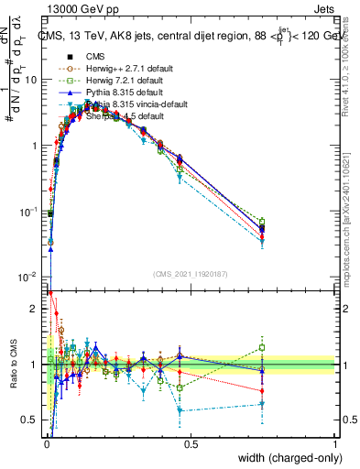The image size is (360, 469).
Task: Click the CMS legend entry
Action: coord(94,54)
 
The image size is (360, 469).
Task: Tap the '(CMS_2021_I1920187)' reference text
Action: coord(191,275)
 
